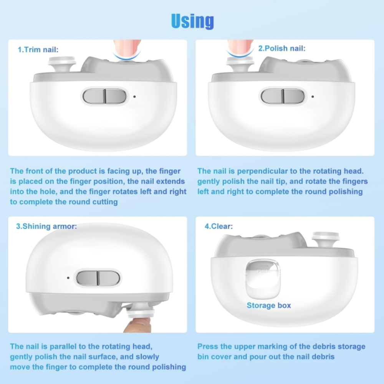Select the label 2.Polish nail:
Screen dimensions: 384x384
coord(282,49)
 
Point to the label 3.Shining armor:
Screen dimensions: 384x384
coord(46,226)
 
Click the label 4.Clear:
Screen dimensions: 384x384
coord(218,226)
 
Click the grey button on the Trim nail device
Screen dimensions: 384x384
coord(104,96)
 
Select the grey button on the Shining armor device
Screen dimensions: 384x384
coord(98,278)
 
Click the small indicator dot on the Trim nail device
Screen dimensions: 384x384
coord(134,97)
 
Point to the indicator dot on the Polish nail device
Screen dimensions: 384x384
coord(313,97)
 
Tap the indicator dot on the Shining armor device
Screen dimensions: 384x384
coord(68,277)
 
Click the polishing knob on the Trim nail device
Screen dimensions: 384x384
coord(61,64)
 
